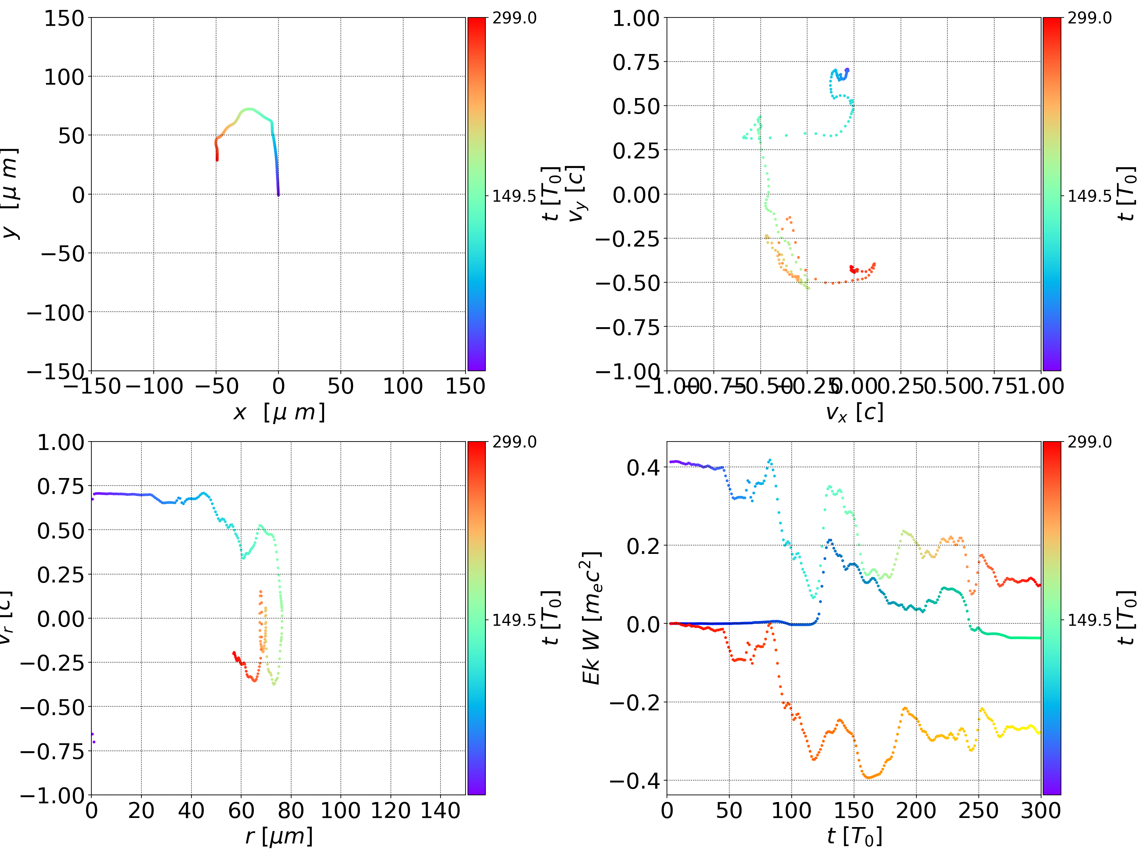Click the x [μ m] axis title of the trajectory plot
[279, 413]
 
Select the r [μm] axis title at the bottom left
[279, 837]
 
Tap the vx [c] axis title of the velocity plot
[854, 413]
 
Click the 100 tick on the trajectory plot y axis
[64, 77]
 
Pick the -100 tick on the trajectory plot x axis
[154, 386]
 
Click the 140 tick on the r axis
[440, 810]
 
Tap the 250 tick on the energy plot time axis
[978, 810]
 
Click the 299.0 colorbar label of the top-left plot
[514, 18]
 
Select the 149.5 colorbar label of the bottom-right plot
[1089, 619]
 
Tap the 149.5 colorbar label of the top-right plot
[1089, 196]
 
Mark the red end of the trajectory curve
[217, 159]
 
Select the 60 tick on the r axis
[241, 810]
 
